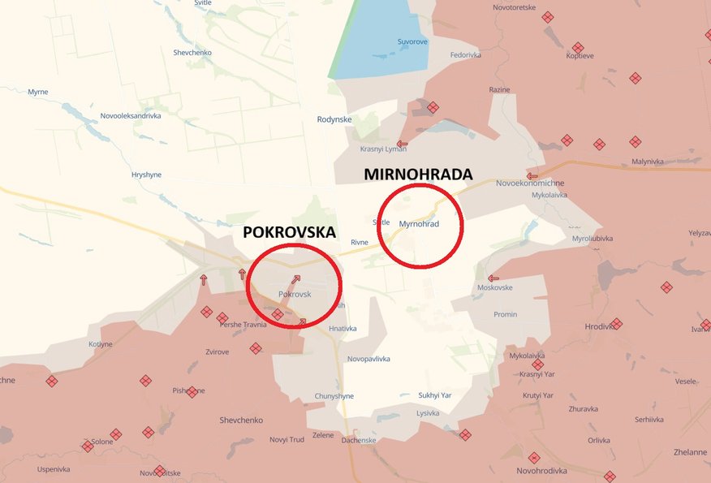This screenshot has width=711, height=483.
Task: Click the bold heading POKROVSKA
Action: click(289, 232)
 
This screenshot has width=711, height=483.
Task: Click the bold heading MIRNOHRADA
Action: click(418, 175)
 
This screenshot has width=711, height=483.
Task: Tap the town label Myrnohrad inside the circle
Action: click(419, 224)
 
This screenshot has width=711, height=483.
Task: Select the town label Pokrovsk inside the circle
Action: click(295, 294)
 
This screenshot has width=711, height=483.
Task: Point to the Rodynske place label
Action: click(334, 119)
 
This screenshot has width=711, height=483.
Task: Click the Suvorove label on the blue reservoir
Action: click(412, 41)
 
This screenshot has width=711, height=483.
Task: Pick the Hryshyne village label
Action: click(147, 175)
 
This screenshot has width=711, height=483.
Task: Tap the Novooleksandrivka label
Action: click(131, 116)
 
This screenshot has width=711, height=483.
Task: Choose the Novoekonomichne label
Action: click(530, 183)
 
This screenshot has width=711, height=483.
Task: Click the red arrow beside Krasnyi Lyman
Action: click(402, 144)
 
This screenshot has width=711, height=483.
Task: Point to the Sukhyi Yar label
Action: click(434, 395)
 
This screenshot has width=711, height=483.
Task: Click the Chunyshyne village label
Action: click(334, 396)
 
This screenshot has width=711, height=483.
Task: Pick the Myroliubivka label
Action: click(592, 239)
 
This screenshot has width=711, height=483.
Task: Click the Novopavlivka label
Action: click(368, 359)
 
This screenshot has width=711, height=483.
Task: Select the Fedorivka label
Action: click(466, 55)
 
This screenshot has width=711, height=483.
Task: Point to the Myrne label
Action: click(38, 92)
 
